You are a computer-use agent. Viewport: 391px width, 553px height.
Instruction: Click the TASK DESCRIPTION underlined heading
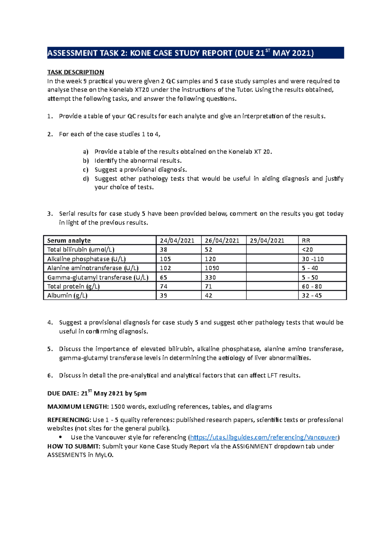76,72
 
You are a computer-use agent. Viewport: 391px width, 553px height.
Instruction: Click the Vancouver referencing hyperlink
264,437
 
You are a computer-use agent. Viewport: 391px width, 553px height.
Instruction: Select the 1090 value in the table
212,268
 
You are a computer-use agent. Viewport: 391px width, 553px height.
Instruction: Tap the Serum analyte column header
69,241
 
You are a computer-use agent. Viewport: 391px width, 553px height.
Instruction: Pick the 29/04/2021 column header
267,241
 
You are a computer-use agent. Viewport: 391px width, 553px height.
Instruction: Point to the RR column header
306,241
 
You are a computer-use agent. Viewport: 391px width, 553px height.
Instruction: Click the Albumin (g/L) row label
67,295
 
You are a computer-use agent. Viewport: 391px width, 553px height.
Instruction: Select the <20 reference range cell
307,249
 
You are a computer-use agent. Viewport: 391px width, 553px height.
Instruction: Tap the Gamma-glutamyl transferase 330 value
210,277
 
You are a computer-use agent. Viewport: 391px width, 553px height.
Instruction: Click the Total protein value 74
164,287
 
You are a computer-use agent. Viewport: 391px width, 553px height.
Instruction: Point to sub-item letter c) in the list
85,170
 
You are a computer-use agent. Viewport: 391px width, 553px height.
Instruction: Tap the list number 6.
50,376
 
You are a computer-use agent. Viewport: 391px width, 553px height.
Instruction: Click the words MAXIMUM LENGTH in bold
78,407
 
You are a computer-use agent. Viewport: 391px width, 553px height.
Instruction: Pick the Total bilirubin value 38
164,249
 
